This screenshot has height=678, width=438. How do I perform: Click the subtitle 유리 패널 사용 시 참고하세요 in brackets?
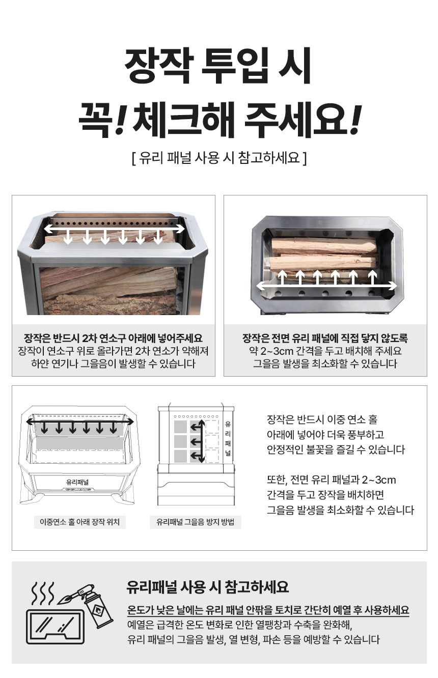pos(220,158)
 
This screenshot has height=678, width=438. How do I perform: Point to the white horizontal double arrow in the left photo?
pos(115,229)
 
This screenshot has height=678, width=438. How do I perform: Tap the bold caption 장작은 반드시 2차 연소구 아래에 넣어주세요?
pos(113,338)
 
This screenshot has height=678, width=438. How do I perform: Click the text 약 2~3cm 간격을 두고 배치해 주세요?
pos(325,351)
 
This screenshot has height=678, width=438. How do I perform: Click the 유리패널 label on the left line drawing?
pos(77,482)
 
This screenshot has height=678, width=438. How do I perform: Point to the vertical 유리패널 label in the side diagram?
pos(228,439)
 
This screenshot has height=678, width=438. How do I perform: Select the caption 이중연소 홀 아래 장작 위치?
pos(79,522)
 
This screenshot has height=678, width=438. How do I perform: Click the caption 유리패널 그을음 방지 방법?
pos(196,522)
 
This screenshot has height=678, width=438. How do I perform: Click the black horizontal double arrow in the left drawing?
pos(80,421)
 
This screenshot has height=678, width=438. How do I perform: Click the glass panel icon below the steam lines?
pos(55,626)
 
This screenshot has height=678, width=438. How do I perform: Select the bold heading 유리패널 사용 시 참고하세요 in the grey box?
pos(207,587)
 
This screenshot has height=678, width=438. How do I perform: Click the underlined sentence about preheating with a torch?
pos(268,610)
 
